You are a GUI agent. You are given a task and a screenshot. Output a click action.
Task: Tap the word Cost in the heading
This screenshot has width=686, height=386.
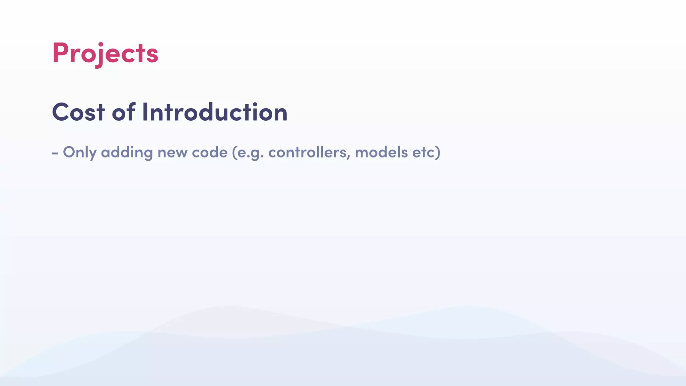[78, 112]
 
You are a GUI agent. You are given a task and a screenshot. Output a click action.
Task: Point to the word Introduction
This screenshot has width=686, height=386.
[215, 112]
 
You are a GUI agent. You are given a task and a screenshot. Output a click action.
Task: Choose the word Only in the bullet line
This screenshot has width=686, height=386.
[80, 152]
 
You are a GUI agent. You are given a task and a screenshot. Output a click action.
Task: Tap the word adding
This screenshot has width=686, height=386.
[127, 152]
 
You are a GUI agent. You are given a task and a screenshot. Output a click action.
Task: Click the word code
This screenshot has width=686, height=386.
[209, 152]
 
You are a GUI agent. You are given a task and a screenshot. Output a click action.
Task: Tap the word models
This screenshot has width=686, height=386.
[381, 152]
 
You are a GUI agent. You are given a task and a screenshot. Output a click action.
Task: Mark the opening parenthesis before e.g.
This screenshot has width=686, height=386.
[234, 152]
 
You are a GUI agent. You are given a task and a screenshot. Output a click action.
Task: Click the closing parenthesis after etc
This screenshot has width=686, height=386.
[437, 152]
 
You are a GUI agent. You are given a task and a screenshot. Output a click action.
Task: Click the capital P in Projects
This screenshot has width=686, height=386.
[60, 53]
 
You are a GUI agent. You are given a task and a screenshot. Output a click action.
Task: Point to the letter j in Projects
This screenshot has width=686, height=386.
[98, 55]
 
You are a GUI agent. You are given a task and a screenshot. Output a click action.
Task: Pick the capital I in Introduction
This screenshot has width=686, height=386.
[145, 112]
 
